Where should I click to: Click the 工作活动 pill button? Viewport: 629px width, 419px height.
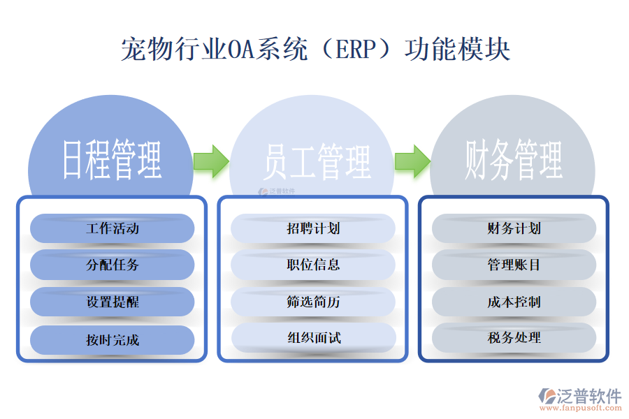point(113,228)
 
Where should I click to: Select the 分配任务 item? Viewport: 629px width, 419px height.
point(113,265)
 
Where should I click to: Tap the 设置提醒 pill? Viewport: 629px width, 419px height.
point(113,302)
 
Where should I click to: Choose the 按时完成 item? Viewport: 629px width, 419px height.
point(113,339)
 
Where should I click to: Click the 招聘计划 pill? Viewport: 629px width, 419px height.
point(313,228)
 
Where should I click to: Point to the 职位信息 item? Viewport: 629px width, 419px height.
point(313,265)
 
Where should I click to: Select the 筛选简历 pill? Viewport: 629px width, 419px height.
point(313,302)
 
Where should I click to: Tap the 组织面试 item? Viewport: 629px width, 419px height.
point(313,338)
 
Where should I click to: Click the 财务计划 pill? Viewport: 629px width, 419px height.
point(514,228)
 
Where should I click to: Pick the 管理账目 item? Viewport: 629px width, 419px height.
point(514,265)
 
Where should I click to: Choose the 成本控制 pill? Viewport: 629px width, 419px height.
point(514,302)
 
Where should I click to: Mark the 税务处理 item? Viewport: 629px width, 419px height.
point(514,338)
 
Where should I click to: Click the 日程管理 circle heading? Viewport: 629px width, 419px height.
point(113,160)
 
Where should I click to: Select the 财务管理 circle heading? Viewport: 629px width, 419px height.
point(514,160)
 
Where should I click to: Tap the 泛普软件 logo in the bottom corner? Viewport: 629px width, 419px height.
point(579,396)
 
